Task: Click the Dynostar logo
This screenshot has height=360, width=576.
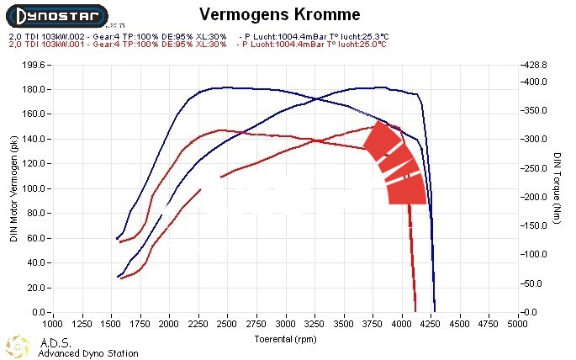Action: pyautogui.click(x=55, y=15)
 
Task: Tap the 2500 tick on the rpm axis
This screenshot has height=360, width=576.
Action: pyautogui.click(x=227, y=323)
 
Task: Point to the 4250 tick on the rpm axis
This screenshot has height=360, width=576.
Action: pyautogui.click(x=431, y=323)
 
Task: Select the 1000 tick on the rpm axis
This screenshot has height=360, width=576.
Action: pyautogui.click(x=52, y=323)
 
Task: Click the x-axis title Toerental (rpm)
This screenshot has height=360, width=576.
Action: pyautogui.click(x=286, y=338)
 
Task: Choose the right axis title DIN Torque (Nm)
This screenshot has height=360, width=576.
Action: pyautogui.click(x=557, y=188)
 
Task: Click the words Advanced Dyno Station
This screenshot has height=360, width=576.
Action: pyautogui.click(x=88, y=353)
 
